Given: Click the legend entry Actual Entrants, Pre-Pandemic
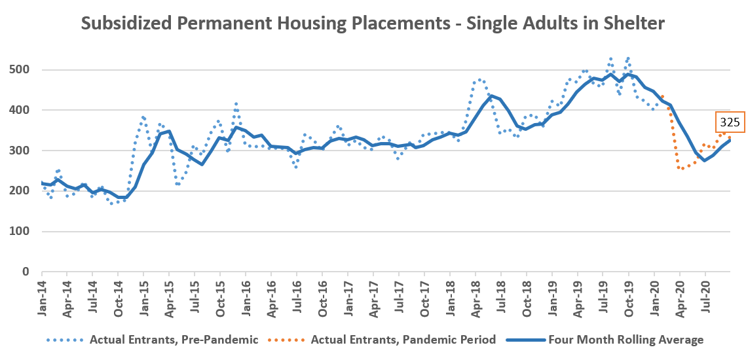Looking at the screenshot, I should coord(174,340).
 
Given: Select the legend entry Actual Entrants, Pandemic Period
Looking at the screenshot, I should coord(403,340).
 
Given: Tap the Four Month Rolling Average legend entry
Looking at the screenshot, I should coord(625,340).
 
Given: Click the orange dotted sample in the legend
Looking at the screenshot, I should coord(288,340).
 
